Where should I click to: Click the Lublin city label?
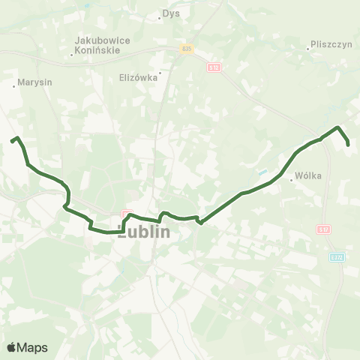tap(144, 232)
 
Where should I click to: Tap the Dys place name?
tap(172, 13)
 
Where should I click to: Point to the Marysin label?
tap(36, 83)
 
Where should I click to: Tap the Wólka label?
tap(308, 176)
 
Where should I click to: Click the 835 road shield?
tap(187, 49)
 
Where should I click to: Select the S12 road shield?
tap(213, 67)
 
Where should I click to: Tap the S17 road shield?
tap(323, 229)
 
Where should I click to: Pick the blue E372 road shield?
tap(337, 257)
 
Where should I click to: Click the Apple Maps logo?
tap(27, 347)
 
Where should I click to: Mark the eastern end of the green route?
tap(348, 144)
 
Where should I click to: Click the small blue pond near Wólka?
tap(262, 172)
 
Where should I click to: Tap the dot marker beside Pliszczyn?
tap(308, 49)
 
